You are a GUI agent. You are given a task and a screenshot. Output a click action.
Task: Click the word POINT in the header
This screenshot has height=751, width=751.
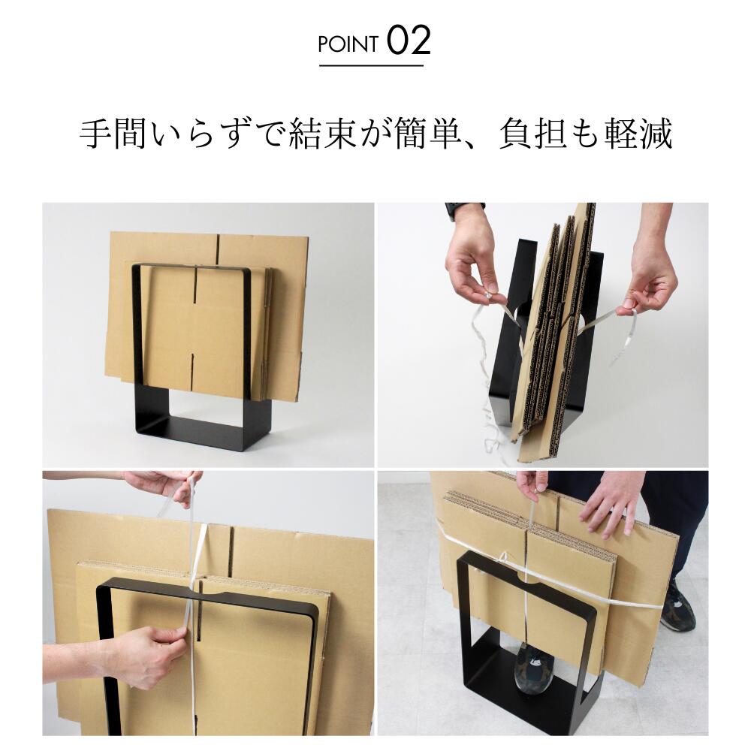[348, 44]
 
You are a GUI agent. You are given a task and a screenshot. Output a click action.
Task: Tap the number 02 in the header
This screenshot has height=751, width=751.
[409, 41]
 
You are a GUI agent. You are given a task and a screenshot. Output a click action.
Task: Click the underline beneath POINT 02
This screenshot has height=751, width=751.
[372, 65]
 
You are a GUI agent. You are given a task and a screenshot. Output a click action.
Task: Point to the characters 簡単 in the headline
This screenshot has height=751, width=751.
[429, 134]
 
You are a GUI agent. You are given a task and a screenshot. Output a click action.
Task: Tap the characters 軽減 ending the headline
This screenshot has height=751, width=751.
[639, 134]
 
